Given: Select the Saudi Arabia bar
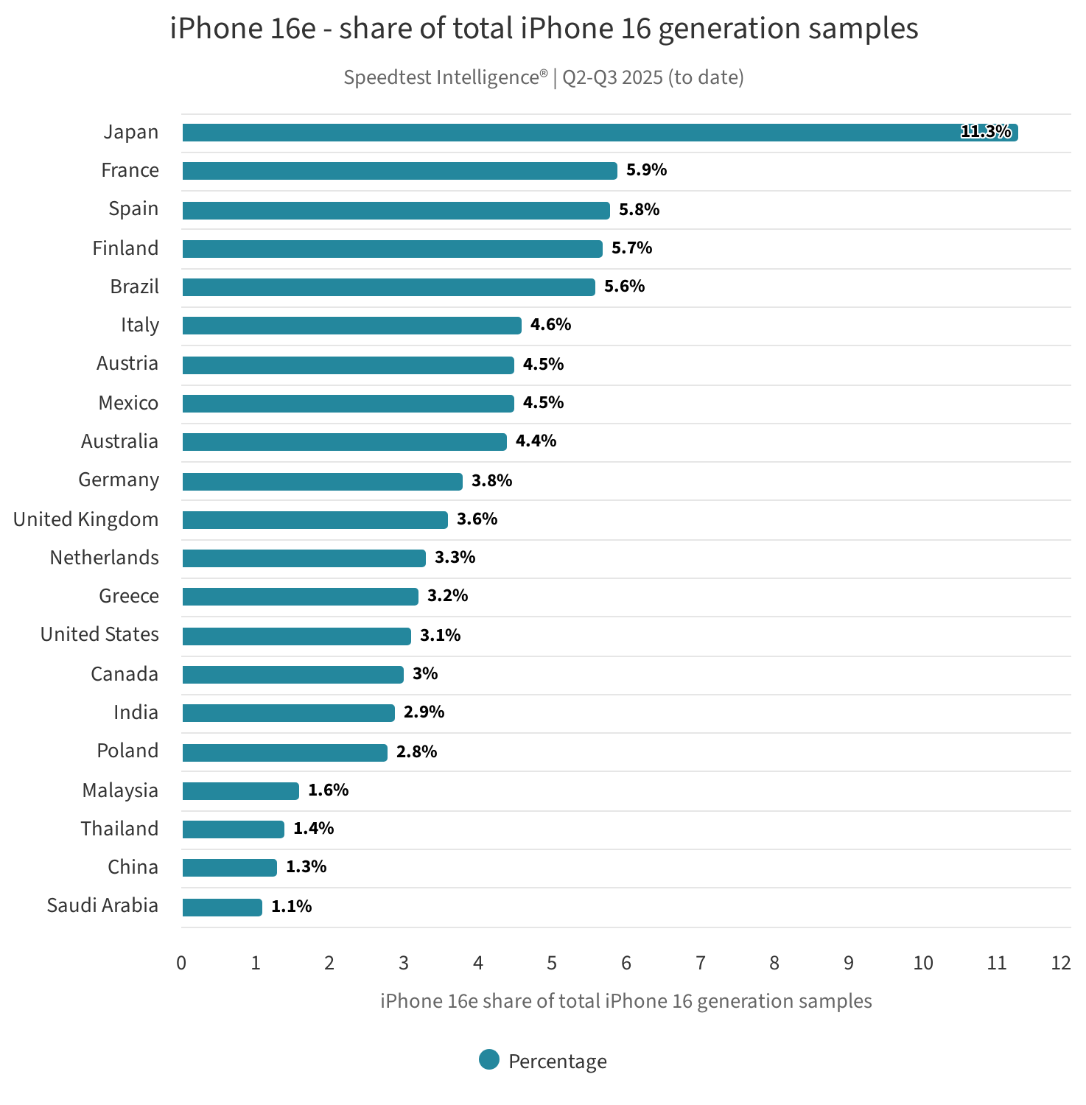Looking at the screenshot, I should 222,907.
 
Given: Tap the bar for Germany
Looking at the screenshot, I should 322,481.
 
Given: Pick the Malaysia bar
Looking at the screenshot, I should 240,791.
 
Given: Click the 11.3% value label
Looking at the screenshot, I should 986,132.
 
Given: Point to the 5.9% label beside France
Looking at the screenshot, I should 646,170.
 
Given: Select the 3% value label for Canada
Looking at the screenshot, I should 425,673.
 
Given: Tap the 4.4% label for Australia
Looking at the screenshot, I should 536,441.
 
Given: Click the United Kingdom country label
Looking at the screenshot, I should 85,519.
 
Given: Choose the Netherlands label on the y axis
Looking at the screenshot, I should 104,558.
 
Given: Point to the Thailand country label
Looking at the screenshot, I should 119,829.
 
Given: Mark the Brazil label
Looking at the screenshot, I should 134,287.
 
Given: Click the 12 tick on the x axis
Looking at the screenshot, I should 1060,963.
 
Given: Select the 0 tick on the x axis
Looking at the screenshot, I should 181,963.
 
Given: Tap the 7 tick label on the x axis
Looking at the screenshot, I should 700,963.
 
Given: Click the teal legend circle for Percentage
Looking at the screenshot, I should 489,1059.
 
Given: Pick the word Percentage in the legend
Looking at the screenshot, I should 557,1062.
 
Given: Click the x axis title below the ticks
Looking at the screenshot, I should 626,1001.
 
